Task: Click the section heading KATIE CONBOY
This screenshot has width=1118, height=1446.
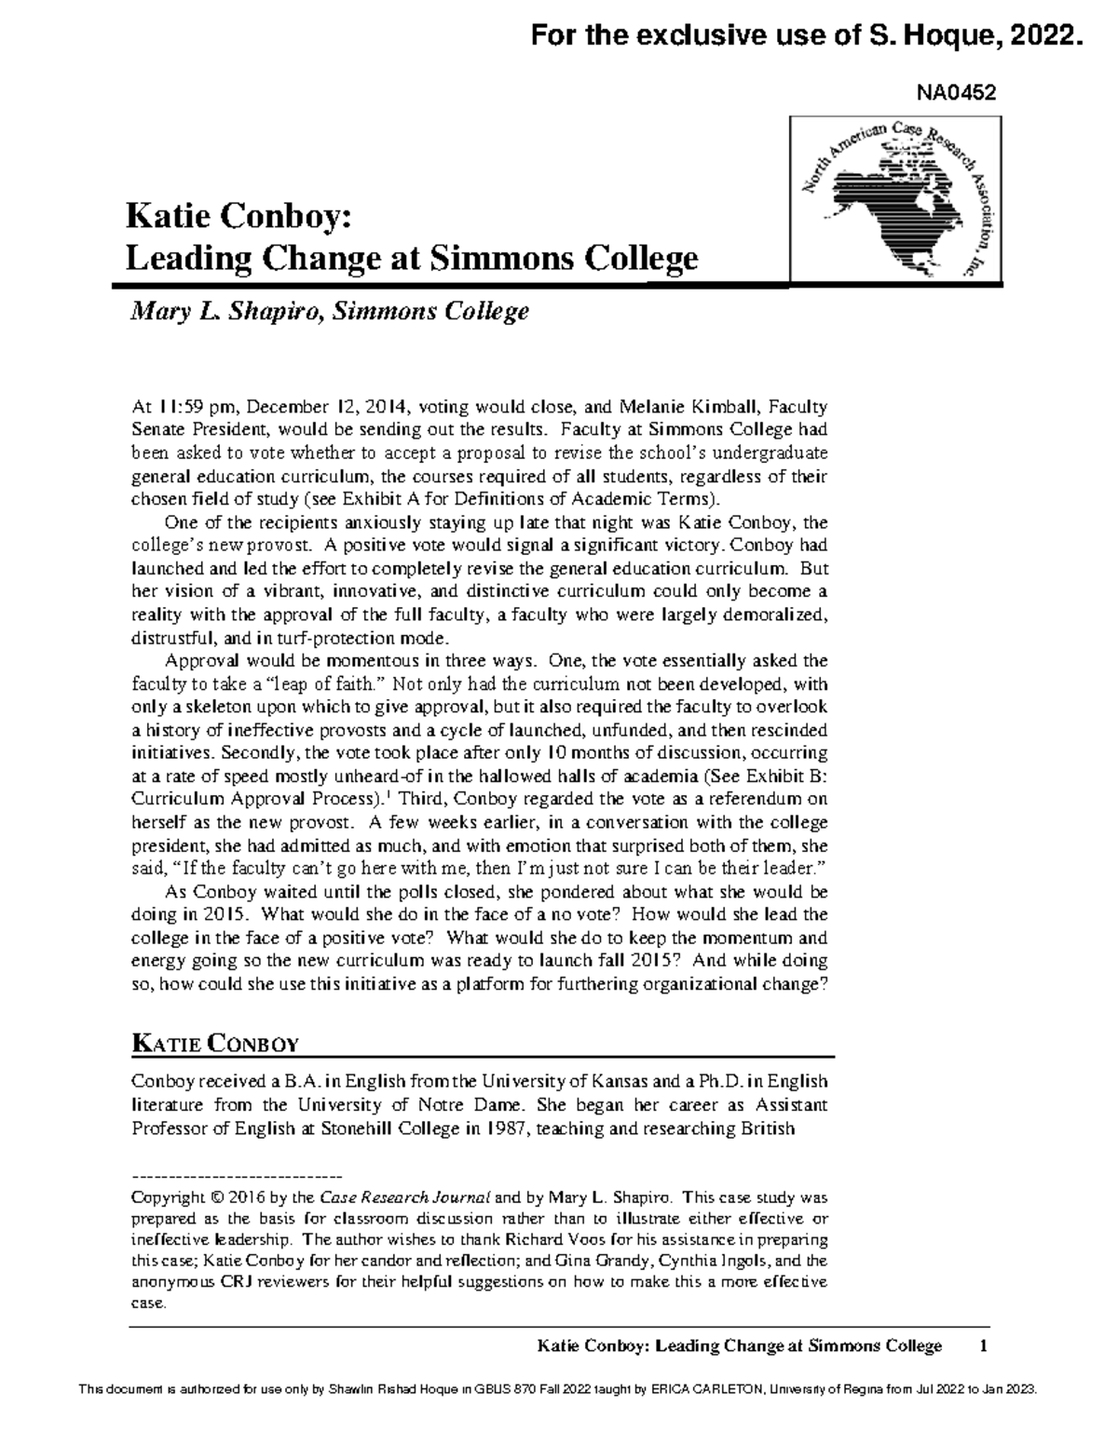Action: coord(213,1044)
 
